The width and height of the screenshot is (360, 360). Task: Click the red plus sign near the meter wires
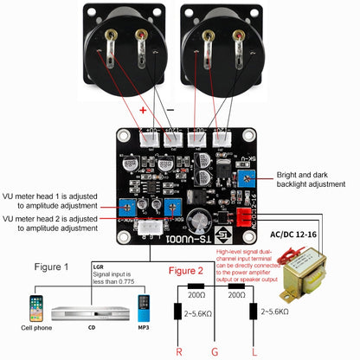click(x=144, y=111)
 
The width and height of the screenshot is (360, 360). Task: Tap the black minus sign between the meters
click(x=170, y=111)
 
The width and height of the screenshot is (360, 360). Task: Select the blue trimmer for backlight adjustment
click(x=247, y=179)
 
